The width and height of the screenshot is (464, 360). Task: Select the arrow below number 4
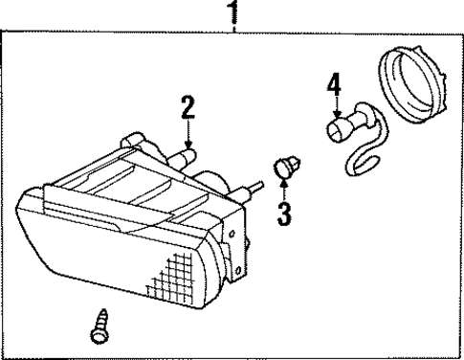[333, 108]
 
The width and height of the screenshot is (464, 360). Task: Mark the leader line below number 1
[231, 26]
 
